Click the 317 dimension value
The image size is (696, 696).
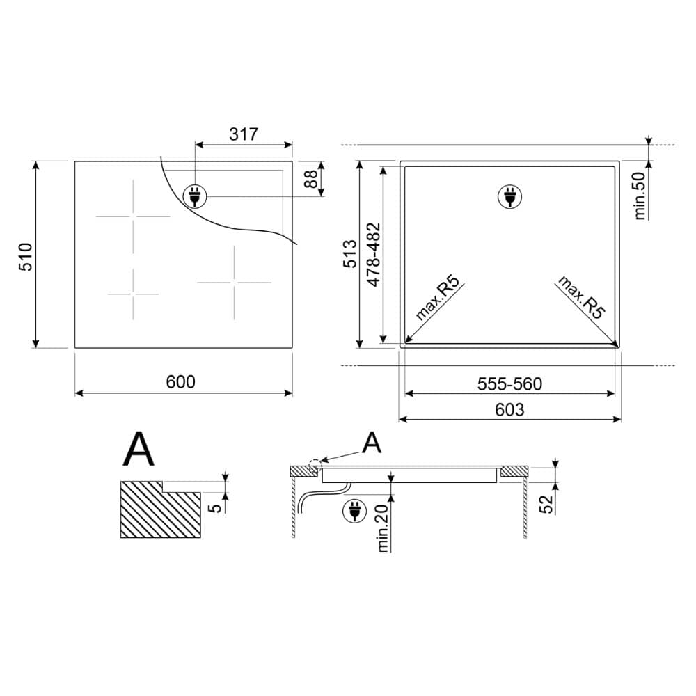(x=243, y=134)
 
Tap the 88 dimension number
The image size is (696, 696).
(x=312, y=178)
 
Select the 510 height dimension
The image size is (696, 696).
(x=25, y=257)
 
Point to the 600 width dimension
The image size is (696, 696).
(x=181, y=381)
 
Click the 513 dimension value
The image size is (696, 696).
(x=350, y=254)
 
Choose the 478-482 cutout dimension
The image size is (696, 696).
(x=373, y=254)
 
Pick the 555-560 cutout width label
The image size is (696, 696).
(x=509, y=384)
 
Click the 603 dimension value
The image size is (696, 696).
(x=509, y=409)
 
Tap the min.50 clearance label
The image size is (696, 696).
(x=640, y=196)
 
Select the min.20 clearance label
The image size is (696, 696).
(x=383, y=528)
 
